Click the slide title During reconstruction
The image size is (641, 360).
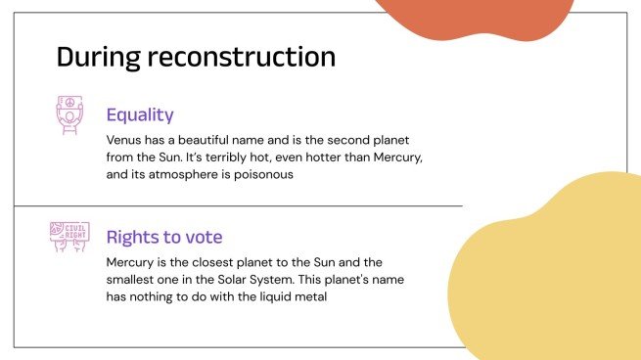tap(196, 56)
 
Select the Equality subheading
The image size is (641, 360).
tap(140, 114)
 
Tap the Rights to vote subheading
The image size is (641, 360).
tap(164, 237)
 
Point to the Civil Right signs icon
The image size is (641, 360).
tap(69, 237)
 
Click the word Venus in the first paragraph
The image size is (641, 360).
tap(125, 140)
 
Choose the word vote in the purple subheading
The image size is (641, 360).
tap(205, 237)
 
